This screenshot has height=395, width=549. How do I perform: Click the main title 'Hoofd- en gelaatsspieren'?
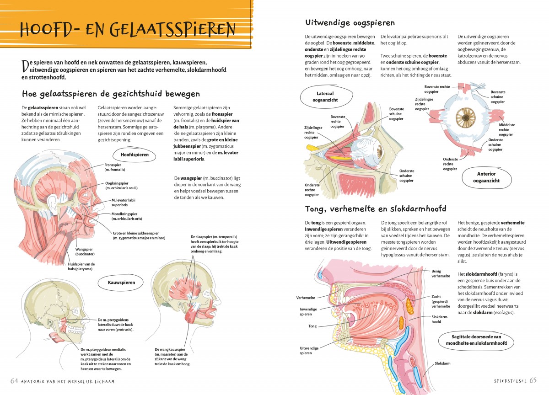(128, 29)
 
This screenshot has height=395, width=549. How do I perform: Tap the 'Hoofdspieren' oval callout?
(135, 155)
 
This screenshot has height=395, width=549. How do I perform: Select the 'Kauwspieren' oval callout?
(121, 283)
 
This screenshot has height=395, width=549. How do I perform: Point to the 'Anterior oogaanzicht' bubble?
(486, 177)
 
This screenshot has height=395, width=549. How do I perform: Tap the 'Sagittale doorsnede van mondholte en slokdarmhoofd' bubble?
(476, 340)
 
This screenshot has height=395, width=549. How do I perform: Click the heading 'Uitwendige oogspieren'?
(350, 23)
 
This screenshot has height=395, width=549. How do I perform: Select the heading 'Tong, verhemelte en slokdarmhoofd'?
(376, 209)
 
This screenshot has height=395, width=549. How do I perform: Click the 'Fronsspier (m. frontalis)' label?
(115, 167)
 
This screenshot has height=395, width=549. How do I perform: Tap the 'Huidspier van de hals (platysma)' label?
(81, 267)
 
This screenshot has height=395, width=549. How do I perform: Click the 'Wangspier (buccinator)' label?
(85, 251)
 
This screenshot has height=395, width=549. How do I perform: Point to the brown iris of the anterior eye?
(466, 117)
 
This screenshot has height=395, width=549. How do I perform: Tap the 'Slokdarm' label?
(443, 363)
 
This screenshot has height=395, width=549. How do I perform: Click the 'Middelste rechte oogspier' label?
(507, 129)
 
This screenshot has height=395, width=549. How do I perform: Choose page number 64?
(15, 380)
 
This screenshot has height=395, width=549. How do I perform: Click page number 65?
(533, 380)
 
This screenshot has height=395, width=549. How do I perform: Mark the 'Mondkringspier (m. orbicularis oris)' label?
(127, 216)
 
